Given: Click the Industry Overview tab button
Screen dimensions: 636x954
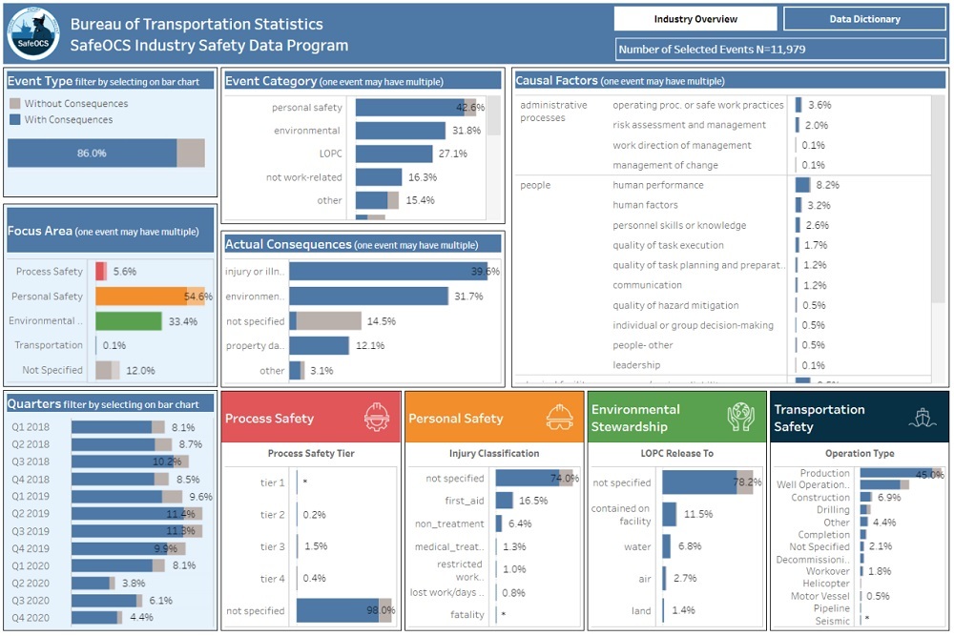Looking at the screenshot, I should (x=695, y=19).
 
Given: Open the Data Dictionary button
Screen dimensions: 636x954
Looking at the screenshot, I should (x=864, y=19).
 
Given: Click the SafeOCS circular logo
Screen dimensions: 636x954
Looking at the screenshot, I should (x=33, y=33).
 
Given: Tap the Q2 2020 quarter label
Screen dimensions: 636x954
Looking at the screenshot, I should (x=31, y=583).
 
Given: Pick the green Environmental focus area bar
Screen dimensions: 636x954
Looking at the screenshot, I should (x=128, y=321).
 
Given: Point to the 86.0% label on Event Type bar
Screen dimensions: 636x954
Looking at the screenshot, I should (x=92, y=153).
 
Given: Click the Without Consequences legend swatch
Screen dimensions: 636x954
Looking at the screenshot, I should (x=15, y=103).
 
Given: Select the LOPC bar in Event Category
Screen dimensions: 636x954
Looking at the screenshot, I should (x=394, y=154).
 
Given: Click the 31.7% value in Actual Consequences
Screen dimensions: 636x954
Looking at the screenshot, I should (x=468, y=297).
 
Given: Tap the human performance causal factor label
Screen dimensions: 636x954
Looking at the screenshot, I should (x=658, y=185).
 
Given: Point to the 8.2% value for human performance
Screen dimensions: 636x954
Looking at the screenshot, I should (x=827, y=185).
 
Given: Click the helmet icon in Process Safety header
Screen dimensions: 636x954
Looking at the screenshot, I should (x=377, y=417).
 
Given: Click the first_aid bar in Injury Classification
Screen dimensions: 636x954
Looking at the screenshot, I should (x=504, y=500).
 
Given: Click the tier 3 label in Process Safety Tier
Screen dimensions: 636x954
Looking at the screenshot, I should (x=273, y=546).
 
